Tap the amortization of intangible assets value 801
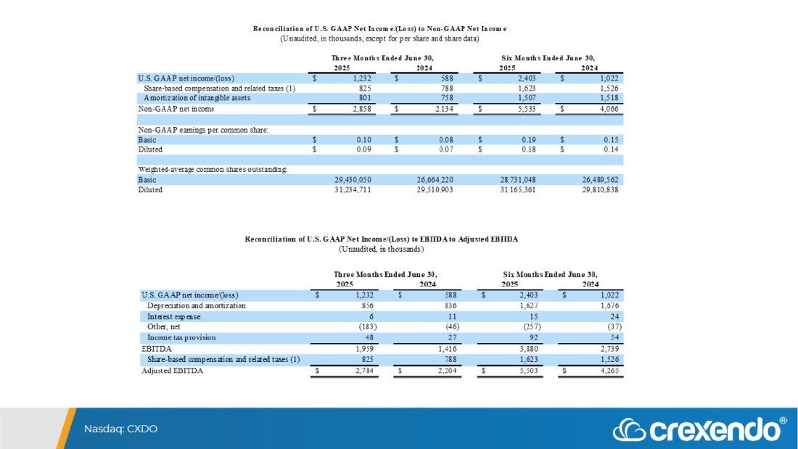click(366, 98)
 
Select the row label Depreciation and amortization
click(196, 306)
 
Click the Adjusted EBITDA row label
click(173, 371)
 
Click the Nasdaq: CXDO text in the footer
click(120, 429)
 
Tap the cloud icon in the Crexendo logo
click(628, 429)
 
